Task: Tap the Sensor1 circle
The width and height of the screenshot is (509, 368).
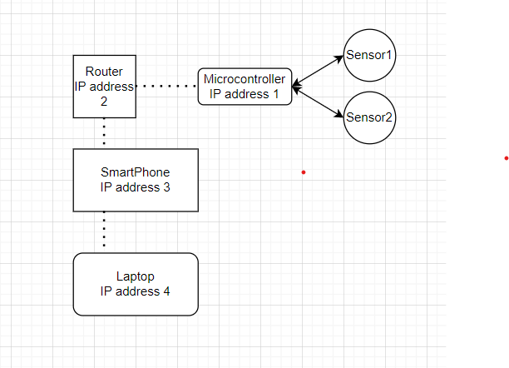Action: tap(369, 56)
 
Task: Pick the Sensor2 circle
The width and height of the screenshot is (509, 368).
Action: tap(369, 117)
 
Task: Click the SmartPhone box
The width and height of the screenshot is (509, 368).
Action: tap(136, 180)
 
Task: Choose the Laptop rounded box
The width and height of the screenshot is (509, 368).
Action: tap(136, 284)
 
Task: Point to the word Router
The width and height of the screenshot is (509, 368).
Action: tap(104, 72)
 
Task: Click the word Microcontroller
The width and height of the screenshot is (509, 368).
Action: tap(245, 80)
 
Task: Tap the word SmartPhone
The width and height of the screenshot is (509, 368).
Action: tap(136, 172)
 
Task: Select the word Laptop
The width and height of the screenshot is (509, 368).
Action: tap(136, 276)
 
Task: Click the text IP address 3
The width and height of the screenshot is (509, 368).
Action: tap(136, 187)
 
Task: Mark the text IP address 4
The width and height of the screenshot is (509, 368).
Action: tap(136, 291)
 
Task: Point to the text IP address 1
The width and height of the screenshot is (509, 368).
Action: tap(245, 94)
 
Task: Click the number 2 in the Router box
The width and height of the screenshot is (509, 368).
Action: tap(104, 102)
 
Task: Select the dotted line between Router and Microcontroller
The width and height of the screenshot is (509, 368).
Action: tap(166, 86)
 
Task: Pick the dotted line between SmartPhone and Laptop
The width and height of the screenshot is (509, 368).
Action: tap(104, 229)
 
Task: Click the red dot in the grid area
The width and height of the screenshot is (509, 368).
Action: tap(304, 172)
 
